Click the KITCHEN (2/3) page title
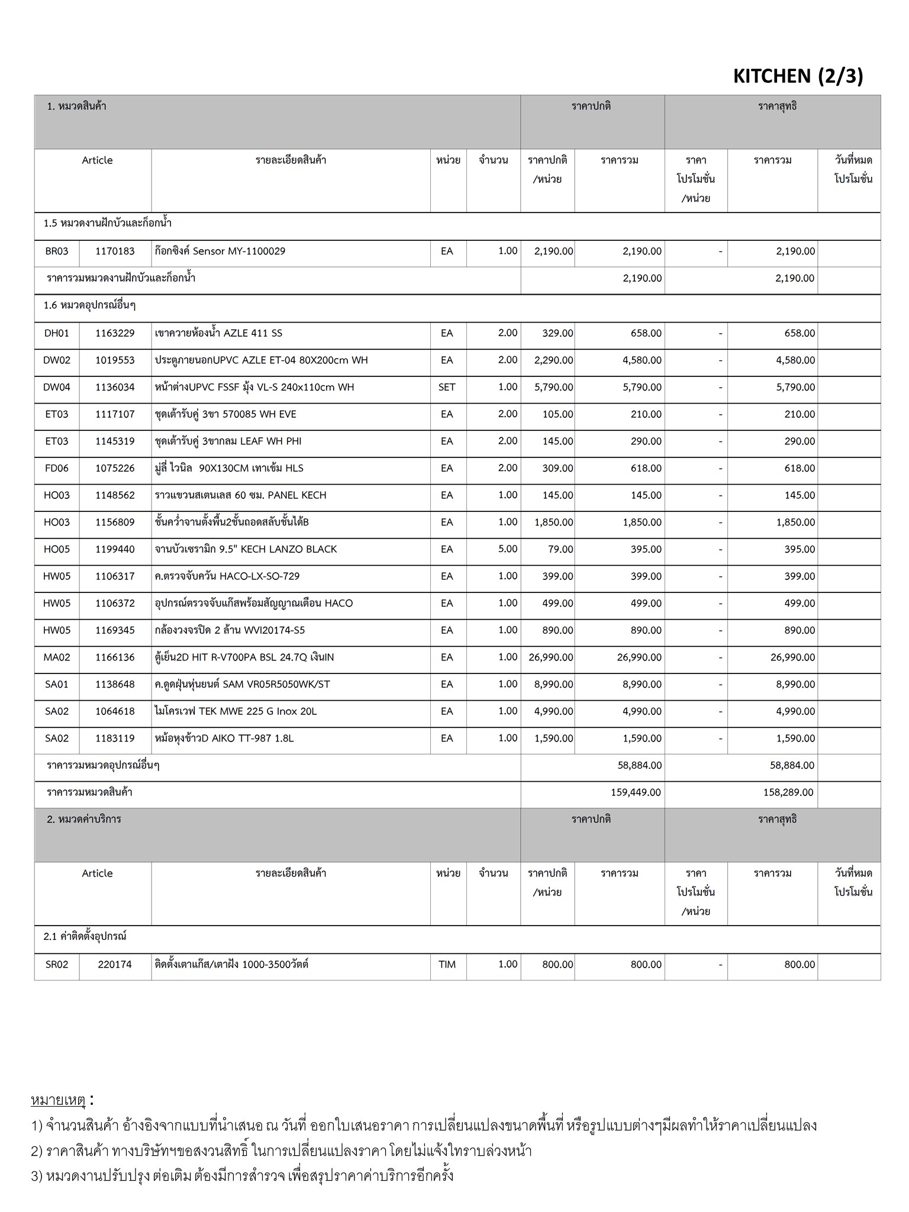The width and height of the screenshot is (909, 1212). pos(798,76)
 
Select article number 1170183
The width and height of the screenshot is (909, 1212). pos(115,251)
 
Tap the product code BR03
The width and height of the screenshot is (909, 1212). pos(57,251)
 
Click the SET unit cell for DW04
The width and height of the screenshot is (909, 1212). pos(447,387)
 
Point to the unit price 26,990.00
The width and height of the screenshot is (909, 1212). pos(548,657)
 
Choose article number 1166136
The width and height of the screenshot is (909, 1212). pos(115,657)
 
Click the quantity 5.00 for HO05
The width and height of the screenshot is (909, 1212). pos(507,549)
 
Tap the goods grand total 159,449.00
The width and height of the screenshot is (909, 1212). pos(636,792)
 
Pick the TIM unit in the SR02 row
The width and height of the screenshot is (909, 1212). pos(447,965)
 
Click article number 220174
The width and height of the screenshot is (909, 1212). pos(115,965)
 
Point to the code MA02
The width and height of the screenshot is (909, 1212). pos(57,657)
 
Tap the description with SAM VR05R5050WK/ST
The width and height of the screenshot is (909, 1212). pos(242,685)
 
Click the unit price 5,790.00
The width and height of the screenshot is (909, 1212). pos(553,387)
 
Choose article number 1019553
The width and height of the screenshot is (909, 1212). pos(115,360)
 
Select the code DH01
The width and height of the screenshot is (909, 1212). pos(57,333)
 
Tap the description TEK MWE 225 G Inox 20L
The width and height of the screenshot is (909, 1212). pos(236,711)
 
